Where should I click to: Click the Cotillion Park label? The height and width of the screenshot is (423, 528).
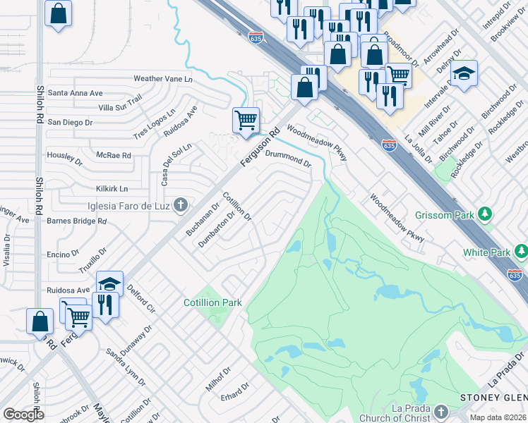point(212,302)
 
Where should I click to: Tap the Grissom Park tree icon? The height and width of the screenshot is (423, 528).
point(485,213)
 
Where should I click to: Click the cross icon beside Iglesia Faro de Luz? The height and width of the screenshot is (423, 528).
point(181,205)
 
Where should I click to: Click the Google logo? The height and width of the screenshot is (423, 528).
point(23,415)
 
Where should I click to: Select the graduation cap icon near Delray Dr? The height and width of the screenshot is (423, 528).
point(464,73)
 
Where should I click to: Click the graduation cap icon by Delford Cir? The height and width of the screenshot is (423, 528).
point(109,284)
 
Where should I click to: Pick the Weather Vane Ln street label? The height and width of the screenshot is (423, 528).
point(163,79)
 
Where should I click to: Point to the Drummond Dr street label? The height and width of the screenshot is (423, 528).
point(288,157)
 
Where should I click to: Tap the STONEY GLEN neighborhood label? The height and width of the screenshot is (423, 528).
point(493,398)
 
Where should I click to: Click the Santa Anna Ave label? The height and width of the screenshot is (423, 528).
point(76,93)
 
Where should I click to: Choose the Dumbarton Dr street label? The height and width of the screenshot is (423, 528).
point(216,229)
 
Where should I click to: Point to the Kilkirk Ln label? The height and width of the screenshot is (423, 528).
point(112,189)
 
